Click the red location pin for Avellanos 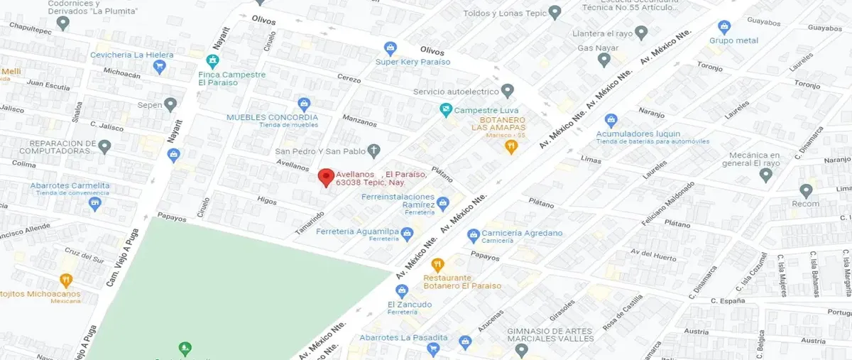[326, 178]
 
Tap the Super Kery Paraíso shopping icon [390, 48]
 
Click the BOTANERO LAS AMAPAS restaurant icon [510, 147]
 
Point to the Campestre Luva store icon [445, 110]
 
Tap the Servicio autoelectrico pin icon [507, 91]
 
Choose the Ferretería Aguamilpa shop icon [407, 233]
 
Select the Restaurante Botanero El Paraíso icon [438, 265]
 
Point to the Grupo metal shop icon [724, 28]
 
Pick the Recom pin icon [806, 191]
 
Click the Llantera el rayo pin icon [641, 33]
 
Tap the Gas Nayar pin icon [604, 60]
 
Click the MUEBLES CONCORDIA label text [272, 117]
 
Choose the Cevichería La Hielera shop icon [159, 67]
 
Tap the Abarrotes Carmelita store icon [95, 204]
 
